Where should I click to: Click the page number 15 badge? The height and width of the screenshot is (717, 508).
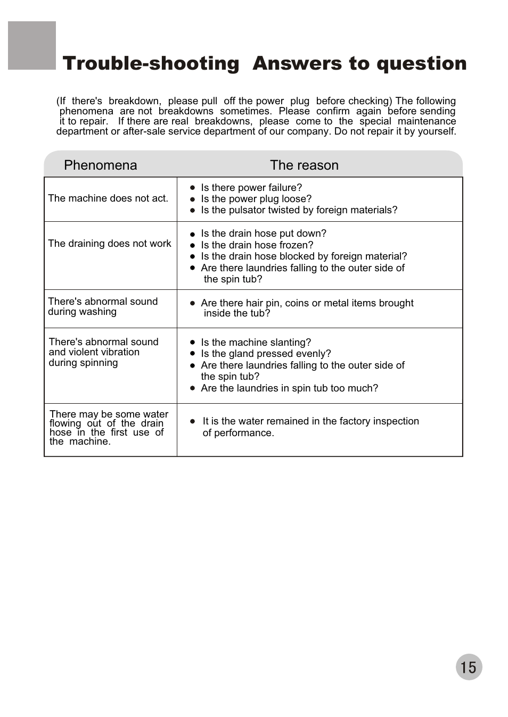coord(469,667)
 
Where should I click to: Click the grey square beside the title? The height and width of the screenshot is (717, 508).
coord(32,46)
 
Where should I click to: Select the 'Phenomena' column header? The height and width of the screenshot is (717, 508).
coord(100,165)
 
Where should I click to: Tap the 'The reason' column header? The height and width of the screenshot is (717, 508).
coord(304,165)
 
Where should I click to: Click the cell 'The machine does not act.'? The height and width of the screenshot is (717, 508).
coord(108,198)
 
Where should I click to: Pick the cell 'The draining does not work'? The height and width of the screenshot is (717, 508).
coord(110,244)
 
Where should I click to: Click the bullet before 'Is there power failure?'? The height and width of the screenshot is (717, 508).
coord(193,188)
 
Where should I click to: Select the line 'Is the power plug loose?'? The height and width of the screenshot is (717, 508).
coord(256,199)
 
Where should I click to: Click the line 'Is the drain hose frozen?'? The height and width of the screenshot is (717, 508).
coord(257,245)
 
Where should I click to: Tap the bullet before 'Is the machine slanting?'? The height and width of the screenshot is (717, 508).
coord(193,343)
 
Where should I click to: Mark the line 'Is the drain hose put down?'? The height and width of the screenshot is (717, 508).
coord(264,234)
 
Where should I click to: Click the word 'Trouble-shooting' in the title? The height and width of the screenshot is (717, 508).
coord(151,63)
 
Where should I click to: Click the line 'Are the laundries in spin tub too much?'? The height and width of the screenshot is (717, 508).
coord(289,388)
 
